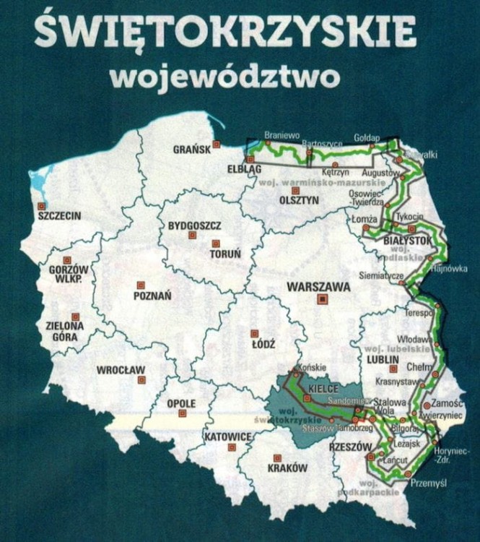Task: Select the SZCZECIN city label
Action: tap(59, 215)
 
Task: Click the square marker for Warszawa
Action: tap(323, 297)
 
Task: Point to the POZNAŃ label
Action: tap(152, 295)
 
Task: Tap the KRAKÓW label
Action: tap(287, 468)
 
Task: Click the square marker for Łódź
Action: tap(254, 333)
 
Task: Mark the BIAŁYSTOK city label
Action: tap(408, 240)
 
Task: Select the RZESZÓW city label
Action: tap(349, 447)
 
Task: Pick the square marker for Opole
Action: tap(182, 413)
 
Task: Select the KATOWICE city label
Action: tap(227, 436)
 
